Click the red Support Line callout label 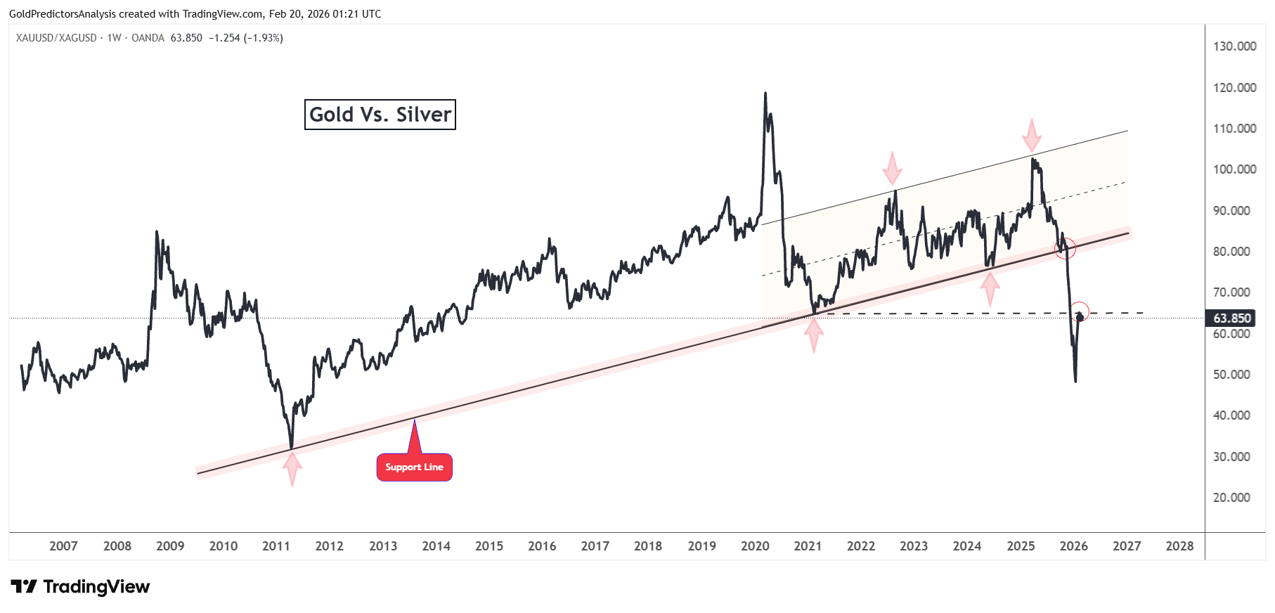414,467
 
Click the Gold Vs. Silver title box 380,115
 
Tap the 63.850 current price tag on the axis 1231,318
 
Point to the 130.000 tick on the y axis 1234,46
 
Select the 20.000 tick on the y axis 1231,498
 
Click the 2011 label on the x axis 276,546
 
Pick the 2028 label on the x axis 1179,546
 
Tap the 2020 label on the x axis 755,546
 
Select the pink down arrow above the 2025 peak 1031,135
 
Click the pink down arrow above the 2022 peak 892,169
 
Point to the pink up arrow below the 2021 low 814,335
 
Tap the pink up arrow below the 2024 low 990,288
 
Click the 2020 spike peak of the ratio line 765,93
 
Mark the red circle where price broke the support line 1066,247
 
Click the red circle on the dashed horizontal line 1080,311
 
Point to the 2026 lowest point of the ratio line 1075,381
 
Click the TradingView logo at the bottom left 80,586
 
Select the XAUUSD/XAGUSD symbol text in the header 56,38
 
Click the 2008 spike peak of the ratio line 156,231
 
